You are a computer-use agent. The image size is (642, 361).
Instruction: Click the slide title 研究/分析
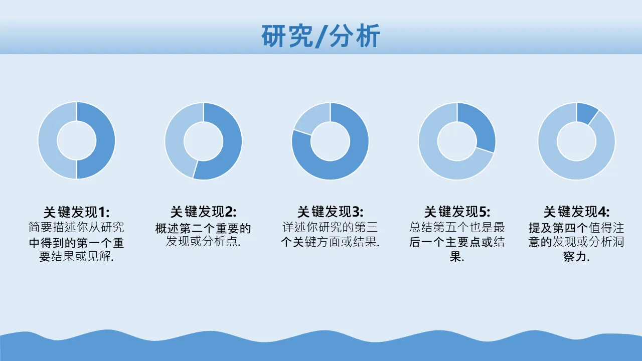tap(320, 36)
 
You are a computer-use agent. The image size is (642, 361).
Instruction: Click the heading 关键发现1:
tap(77, 212)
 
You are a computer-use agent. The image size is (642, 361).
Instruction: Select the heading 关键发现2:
tap(204, 212)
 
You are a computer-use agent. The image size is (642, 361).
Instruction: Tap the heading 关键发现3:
tap(330, 212)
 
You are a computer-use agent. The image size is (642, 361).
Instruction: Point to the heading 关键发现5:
tap(457, 212)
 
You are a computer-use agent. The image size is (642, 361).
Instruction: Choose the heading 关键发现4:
tap(577, 212)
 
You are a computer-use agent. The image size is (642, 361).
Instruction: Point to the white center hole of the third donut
tap(330, 141)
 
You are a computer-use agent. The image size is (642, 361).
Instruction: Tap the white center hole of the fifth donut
tap(577, 141)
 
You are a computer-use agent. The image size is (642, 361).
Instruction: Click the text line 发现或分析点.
tap(204, 242)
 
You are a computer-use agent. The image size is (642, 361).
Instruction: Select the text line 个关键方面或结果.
tap(330, 242)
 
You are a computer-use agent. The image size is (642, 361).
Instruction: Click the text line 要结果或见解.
tap(77, 256)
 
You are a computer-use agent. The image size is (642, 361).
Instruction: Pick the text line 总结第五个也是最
tap(457, 228)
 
